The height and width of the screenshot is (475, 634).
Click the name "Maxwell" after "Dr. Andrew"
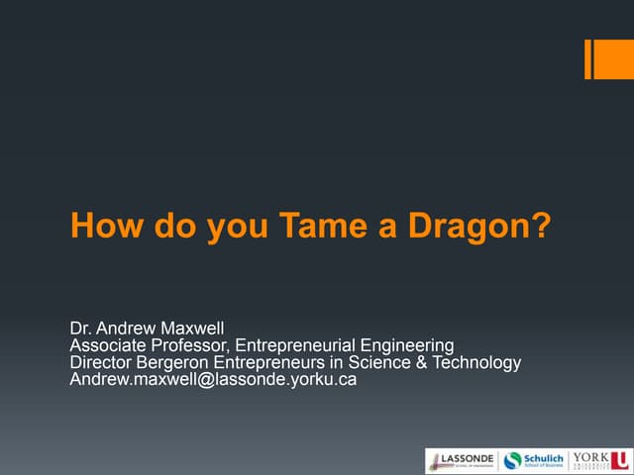[x=194, y=328]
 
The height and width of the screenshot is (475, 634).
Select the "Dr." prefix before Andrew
[x=81, y=328]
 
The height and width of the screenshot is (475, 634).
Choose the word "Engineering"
[x=409, y=345]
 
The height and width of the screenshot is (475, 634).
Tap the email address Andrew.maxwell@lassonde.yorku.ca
[x=213, y=380]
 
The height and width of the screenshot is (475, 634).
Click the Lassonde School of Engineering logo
[x=461, y=459]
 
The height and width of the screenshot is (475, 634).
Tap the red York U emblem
[x=619, y=459]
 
